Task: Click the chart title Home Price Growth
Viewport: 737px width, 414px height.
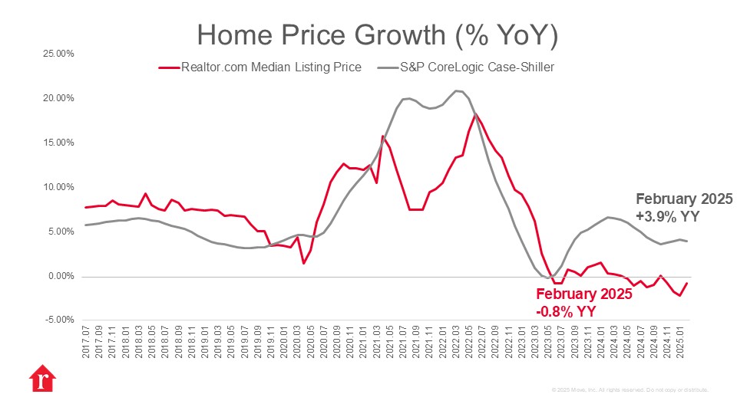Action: [377, 34]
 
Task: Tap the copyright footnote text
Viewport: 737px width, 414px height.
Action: [630, 390]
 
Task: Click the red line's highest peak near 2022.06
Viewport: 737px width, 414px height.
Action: [476, 115]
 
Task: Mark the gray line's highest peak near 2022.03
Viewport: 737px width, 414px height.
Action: [456, 91]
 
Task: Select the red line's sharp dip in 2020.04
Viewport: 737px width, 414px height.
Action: [304, 263]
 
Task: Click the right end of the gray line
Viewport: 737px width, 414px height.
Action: [687, 242]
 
